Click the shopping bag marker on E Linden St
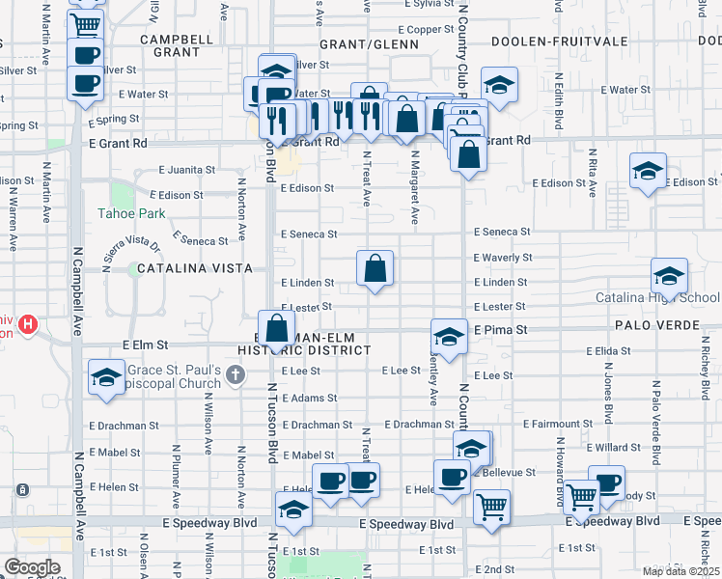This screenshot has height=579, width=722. click(375, 268)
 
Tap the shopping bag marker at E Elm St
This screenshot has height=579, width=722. click(277, 327)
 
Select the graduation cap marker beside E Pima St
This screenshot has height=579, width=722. click(449, 337)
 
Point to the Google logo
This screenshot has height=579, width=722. click(31, 567)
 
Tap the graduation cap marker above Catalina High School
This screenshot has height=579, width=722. click(668, 276)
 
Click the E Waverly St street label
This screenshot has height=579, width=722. click(502, 258)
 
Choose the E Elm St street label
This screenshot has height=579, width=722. click(145, 345)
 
